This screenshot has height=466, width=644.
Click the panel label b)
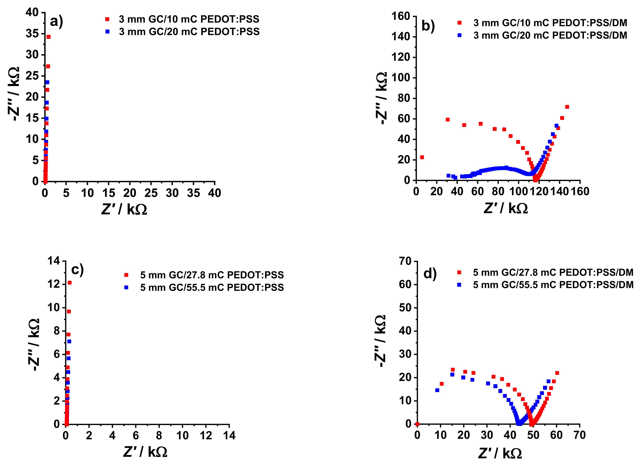[428, 26]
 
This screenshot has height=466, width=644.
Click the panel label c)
[77, 269]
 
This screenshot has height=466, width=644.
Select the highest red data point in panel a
[49, 37]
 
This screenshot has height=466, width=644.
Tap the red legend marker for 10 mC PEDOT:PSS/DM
[459, 23]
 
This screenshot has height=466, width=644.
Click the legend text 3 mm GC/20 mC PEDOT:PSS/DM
[550, 35]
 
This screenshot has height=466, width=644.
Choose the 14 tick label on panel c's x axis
[229, 436]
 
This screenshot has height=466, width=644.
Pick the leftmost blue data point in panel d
[437, 390]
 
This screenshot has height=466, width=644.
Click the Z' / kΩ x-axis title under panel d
[500, 453]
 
